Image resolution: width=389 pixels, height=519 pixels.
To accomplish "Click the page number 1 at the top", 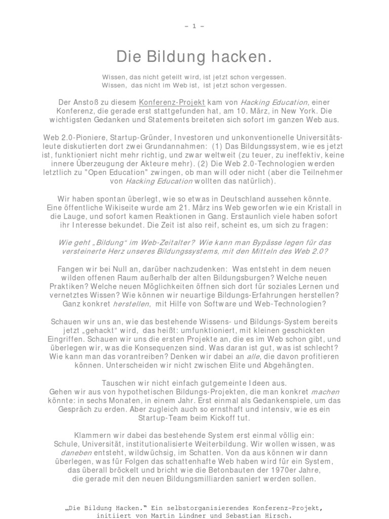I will click(194, 26).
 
